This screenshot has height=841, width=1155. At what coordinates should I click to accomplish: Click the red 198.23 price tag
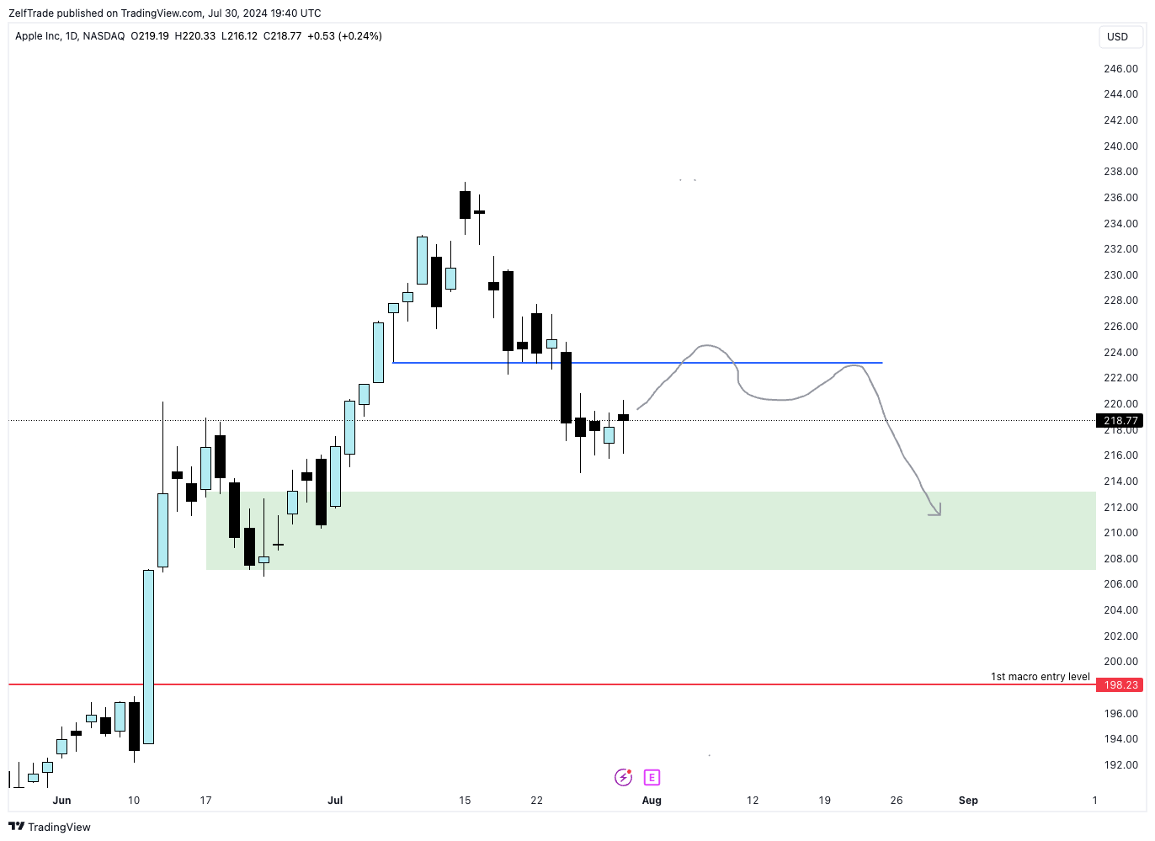click(1120, 685)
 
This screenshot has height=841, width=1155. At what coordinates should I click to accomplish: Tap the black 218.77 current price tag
click(1120, 421)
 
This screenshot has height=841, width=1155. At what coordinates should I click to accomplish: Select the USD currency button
click(1117, 37)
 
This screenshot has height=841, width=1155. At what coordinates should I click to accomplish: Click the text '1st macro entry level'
click(1040, 677)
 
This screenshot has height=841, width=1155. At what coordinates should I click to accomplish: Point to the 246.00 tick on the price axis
click(1120, 69)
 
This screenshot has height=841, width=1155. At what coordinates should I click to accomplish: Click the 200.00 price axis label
click(1120, 662)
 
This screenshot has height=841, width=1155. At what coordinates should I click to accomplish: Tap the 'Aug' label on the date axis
click(652, 801)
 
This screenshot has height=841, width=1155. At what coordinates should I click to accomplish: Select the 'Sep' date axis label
click(968, 801)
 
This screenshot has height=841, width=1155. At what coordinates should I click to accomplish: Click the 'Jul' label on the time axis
click(335, 801)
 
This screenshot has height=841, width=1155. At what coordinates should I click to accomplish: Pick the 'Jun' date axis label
click(61, 801)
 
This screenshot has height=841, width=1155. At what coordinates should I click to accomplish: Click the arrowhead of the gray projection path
click(936, 511)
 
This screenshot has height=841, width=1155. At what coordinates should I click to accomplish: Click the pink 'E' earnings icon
click(652, 777)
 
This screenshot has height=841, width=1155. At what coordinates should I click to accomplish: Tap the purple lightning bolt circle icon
click(623, 777)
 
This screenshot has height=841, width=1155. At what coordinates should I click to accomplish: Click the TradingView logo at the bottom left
click(50, 827)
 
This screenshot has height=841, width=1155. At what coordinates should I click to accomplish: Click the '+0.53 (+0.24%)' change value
click(344, 36)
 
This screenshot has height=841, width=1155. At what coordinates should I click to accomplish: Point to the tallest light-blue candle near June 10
click(148, 657)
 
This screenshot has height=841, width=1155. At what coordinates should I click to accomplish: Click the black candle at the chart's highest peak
click(465, 205)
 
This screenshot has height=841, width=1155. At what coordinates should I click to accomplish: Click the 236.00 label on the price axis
click(1120, 198)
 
